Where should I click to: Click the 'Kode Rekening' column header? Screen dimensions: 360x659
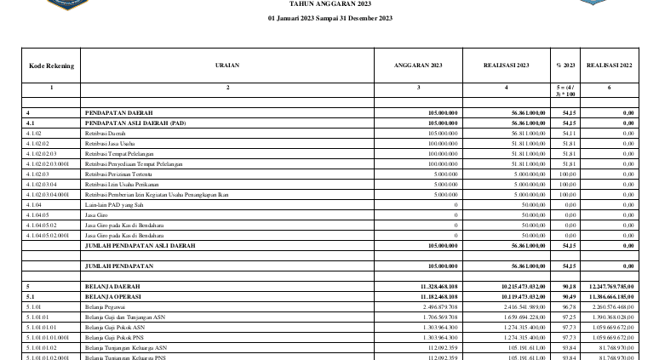tap(51, 65)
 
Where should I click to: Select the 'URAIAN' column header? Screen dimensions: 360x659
tap(227, 65)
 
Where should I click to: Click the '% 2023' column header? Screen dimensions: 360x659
tap(564, 65)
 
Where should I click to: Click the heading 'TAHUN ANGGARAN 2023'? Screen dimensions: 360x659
tap(331, 4)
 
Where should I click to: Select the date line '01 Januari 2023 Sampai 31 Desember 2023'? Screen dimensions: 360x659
tap(330, 18)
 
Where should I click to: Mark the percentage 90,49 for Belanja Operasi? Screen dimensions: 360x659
tap(566, 296)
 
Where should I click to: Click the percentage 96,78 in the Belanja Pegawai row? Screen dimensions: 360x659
tap(566, 306)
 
